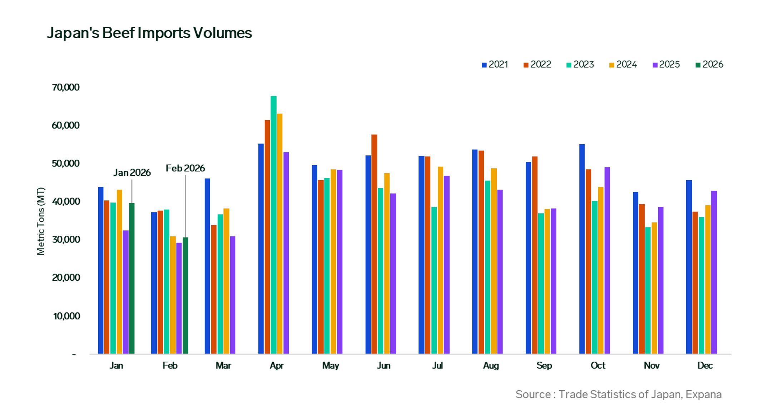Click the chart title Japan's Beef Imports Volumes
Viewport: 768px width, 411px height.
click(149, 33)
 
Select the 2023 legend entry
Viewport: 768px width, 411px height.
click(580, 65)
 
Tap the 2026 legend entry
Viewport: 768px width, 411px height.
click(709, 65)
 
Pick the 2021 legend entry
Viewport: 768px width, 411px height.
click(495, 65)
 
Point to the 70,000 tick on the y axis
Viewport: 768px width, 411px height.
click(66, 87)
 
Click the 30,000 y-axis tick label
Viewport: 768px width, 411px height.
click(66, 240)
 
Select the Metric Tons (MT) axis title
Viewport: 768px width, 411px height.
click(41, 221)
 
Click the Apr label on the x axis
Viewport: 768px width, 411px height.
click(277, 366)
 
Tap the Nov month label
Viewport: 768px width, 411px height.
click(651, 366)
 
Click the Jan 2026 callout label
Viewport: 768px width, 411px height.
click(132, 173)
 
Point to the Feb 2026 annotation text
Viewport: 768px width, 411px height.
click(185, 169)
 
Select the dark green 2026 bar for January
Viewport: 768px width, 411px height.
click(132, 279)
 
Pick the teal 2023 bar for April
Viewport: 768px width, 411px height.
click(273, 225)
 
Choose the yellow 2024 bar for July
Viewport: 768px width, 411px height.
click(440, 260)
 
